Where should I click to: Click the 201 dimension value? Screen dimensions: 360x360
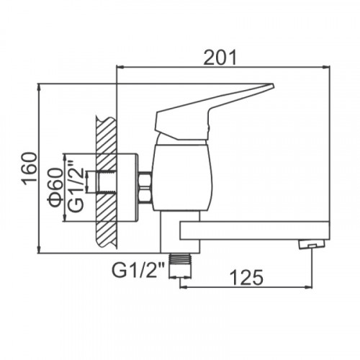pyautogui.click(x=220, y=58)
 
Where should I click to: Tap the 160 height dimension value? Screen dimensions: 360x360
pyautogui.click(x=30, y=168)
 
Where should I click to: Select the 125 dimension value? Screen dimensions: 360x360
pyautogui.click(x=246, y=278)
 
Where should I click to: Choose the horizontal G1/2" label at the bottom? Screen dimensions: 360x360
pyautogui.click(x=138, y=271)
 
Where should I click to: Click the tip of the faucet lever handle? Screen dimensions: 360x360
pyautogui.click(x=273, y=85)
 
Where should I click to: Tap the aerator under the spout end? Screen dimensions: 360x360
pyautogui.click(x=312, y=244)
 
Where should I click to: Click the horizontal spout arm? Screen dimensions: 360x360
pyautogui.click(x=254, y=231)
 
